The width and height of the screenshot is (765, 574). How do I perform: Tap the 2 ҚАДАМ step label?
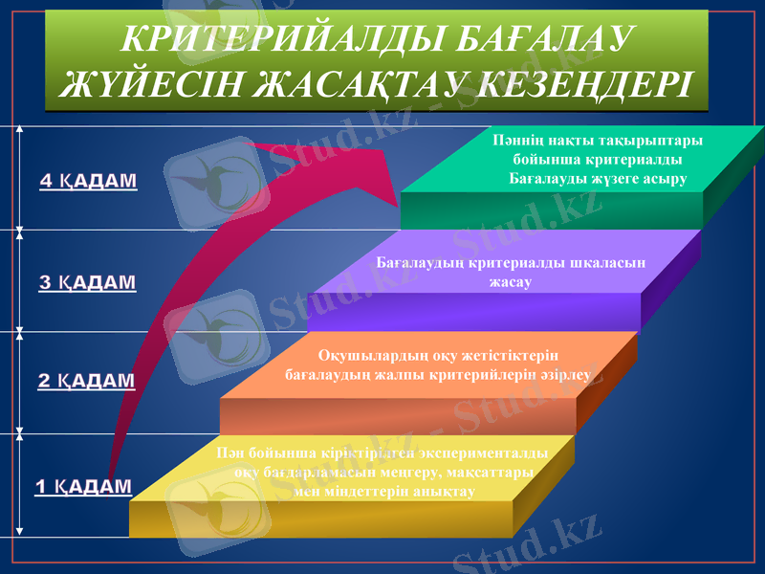tap(86, 381)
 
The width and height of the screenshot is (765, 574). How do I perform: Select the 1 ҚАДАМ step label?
tap(83, 487)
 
